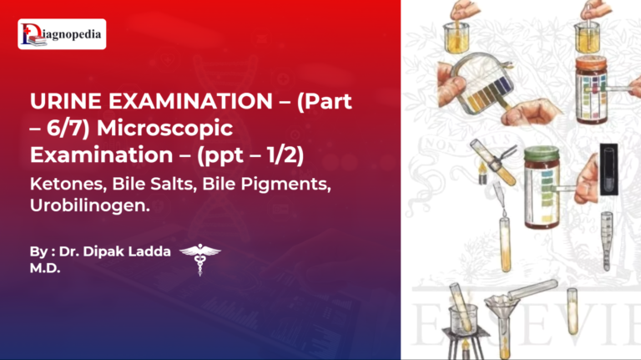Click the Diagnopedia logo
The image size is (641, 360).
[x=62, y=34]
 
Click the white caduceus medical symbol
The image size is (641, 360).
[x=200, y=258]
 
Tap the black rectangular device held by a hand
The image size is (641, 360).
[x=609, y=168]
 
